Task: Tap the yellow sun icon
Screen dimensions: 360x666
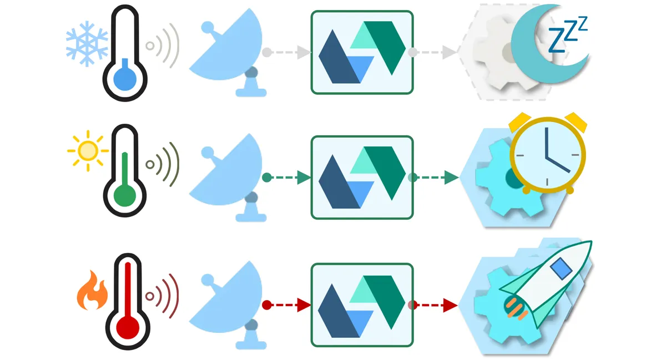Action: (87, 150)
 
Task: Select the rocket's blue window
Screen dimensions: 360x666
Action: (560, 269)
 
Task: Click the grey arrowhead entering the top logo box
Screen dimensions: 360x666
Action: (304, 53)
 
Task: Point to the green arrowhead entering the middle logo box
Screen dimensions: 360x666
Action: (304, 178)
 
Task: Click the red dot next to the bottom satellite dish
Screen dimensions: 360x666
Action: (267, 305)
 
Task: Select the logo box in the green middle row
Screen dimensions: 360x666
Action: (362, 178)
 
